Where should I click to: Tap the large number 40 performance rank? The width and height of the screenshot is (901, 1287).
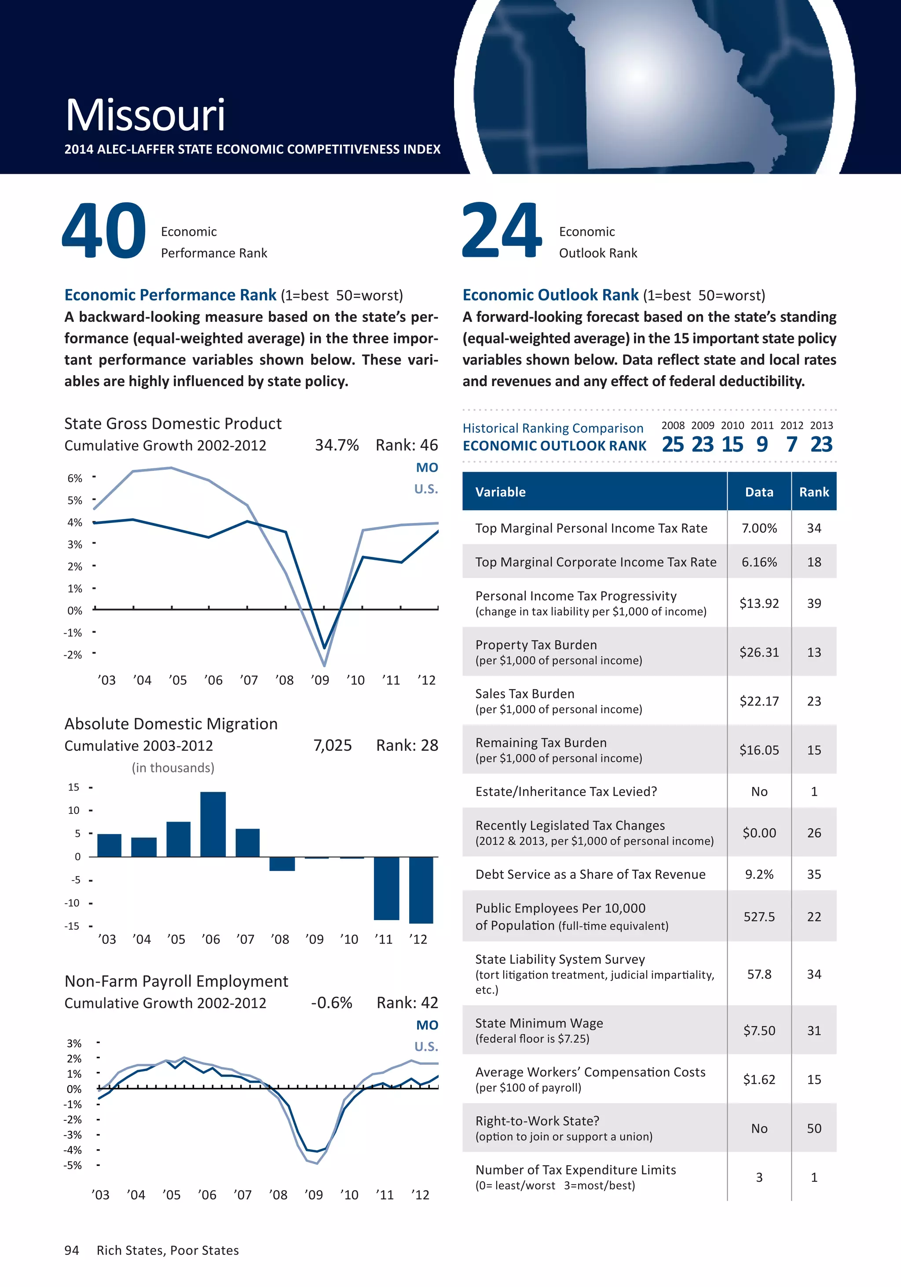(x=104, y=231)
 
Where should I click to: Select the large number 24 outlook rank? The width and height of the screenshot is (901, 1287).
(x=502, y=231)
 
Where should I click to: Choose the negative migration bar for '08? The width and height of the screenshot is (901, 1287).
(x=282, y=864)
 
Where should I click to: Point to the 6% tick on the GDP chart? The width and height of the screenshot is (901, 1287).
(x=75, y=478)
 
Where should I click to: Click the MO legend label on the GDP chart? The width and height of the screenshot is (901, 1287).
(x=427, y=468)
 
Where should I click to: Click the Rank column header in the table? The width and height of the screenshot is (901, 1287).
(x=813, y=492)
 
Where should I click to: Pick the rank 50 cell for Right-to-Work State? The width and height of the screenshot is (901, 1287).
(x=813, y=1128)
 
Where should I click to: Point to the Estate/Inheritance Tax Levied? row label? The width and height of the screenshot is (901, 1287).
(x=566, y=791)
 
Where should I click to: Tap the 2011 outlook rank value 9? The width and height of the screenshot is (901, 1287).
(x=762, y=445)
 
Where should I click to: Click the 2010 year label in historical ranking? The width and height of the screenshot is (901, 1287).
(x=732, y=425)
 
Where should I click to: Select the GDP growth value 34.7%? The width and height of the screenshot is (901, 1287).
(x=337, y=445)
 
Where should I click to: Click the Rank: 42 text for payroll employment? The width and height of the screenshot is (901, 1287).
(x=407, y=1003)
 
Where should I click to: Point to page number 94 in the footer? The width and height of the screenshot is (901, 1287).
(x=72, y=1250)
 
